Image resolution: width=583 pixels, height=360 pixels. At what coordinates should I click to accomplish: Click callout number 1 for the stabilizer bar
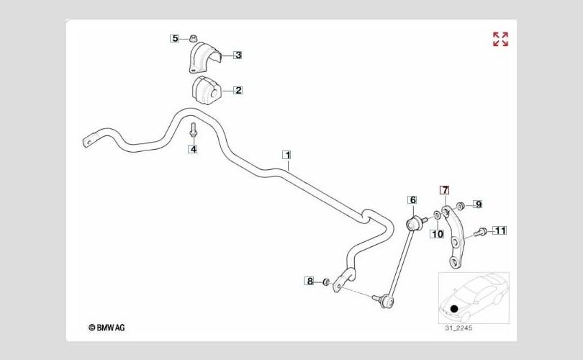tap(286, 155)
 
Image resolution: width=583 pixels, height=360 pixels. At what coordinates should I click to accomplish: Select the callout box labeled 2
tap(238, 90)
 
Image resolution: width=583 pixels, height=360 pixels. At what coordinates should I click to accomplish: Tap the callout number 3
tap(238, 55)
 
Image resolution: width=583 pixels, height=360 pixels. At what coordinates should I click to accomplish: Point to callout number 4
tap(193, 149)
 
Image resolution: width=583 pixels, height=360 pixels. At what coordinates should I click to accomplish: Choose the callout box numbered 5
tap(175, 38)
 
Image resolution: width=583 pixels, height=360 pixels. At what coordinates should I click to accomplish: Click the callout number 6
tap(412, 200)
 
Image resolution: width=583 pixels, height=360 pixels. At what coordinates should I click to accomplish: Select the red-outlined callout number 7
tap(445, 190)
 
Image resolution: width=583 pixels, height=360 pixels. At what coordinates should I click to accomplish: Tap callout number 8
tap(309, 281)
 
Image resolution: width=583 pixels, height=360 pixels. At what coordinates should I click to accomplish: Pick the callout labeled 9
tap(478, 204)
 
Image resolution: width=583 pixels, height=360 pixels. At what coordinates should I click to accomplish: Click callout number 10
tap(438, 234)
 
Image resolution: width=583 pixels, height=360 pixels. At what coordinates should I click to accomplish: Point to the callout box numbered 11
tap(500, 230)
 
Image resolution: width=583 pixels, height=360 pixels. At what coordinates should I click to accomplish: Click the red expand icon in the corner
tap(500, 39)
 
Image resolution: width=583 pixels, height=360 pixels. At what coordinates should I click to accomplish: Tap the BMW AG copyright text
tap(107, 328)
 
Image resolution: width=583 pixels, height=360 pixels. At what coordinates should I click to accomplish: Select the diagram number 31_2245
tap(458, 328)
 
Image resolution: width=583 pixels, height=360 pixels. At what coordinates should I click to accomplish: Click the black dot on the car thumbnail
tap(454, 308)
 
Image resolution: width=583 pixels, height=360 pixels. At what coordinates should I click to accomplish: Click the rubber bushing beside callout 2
tap(206, 91)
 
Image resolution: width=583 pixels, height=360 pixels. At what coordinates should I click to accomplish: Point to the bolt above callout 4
tap(193, 130)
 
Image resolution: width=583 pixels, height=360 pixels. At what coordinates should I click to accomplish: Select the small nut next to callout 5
tap(193, 38)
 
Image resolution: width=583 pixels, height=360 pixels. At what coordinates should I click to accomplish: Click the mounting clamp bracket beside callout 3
tap(204, 58)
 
